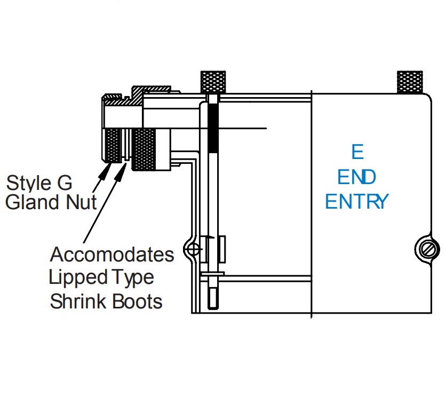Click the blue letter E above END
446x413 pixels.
357,152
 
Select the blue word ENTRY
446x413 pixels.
357,202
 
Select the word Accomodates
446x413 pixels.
112,255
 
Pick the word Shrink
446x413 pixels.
79,301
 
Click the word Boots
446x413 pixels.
138,301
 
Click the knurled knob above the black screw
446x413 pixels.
213,81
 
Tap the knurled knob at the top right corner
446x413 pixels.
410,81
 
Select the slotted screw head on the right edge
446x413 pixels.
428,249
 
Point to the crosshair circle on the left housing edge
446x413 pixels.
194,249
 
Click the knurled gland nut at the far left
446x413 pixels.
112,145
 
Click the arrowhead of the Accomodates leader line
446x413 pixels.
123,170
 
